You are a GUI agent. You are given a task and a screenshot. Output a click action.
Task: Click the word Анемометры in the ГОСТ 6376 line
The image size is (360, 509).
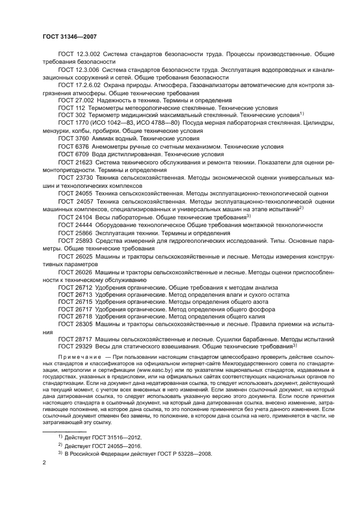[x=114, y=146]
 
